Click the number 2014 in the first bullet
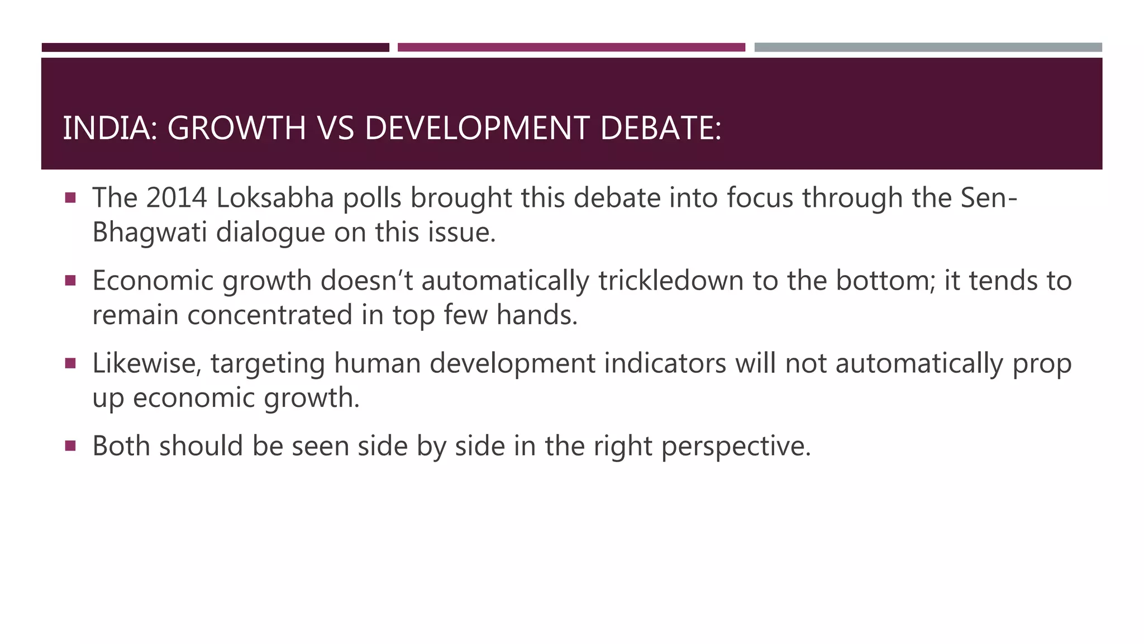(176, 198)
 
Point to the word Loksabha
(275, 198)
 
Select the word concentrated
(270, 315)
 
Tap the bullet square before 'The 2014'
(70, 198)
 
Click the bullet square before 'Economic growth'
(70, 281)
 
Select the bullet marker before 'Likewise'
(70, 363)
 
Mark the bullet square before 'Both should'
(70, 446)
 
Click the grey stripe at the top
(928, 48)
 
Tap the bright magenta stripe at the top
(571, 48)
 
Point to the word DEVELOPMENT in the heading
(476, 128)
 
